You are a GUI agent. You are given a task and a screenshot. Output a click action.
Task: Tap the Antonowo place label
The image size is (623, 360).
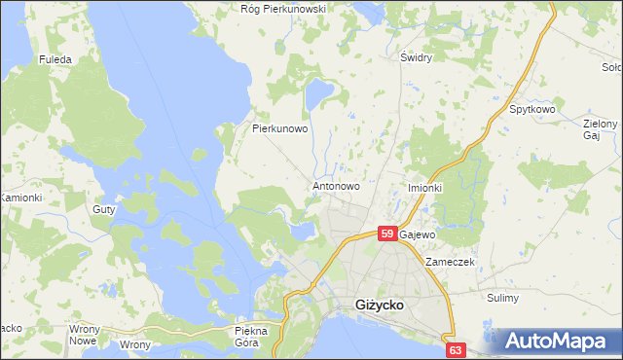pos(336,185)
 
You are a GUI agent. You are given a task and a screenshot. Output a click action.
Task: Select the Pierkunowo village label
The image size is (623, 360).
pos(280,127)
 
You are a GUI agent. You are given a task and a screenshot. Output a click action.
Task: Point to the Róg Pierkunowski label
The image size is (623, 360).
pos(282,9)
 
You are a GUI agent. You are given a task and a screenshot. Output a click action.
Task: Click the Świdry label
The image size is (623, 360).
pos(416,57)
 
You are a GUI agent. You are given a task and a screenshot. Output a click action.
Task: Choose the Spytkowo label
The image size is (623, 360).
pos(531,110)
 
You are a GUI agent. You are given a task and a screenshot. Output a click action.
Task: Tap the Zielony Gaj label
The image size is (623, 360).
pos(600,130)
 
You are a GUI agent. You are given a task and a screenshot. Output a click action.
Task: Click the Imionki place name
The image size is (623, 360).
pos(424,188)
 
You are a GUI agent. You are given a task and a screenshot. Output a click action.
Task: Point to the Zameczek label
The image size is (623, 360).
pos(448,263)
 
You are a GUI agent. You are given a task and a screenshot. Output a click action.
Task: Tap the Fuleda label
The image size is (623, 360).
pos(55,59)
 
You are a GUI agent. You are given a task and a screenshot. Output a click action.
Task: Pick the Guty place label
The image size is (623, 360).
pos(103,209)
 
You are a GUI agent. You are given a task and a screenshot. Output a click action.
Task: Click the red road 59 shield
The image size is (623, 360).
pos(386,234)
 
